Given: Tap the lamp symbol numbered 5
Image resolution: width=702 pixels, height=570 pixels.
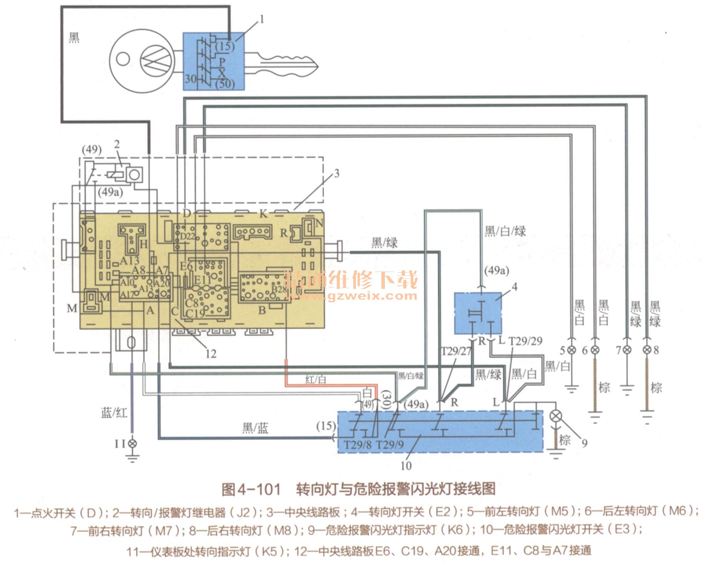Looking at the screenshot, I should click(x=572, y=350).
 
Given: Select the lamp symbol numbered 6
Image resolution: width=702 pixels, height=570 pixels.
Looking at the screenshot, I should click(x=595, y=350).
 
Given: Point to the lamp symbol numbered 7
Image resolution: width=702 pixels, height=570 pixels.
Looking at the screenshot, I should click(x=627, y=350).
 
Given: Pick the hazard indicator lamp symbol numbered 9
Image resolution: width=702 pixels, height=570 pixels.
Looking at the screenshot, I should click(x=555, y=416).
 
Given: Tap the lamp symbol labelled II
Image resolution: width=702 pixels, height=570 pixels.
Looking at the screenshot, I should click(x=132, y=443).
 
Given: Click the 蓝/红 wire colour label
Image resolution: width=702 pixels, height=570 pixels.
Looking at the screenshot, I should click(x=114, y=413).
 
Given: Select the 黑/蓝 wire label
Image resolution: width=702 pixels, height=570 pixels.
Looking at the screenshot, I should click(x=255, y=428).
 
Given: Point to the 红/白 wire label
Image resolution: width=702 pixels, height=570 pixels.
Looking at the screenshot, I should click(x=316, y=380).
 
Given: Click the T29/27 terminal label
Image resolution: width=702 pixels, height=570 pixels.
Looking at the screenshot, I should click(x=456, y=351).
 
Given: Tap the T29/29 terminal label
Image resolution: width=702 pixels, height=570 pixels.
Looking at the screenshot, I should click(x=525, y=341).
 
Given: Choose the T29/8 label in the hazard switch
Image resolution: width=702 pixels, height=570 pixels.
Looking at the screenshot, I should click(x=358, y=445).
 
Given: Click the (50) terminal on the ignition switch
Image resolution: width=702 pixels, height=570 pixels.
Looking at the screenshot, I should click(x=225, y=83).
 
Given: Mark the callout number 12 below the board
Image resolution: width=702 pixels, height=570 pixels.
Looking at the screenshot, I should click(x=211, y=353).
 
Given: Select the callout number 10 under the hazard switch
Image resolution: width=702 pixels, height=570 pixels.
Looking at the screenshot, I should click(x=406, y=466).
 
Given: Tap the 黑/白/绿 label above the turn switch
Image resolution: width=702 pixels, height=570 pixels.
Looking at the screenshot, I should click(x=505, y=231).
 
